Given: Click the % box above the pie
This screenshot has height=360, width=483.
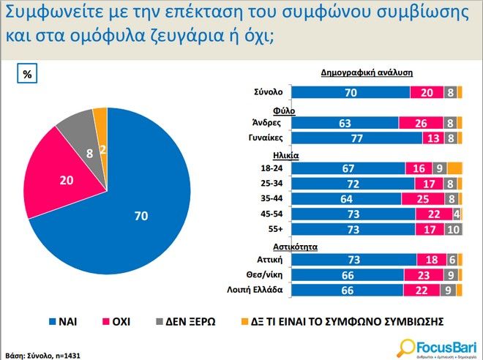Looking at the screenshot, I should tap(28, 74).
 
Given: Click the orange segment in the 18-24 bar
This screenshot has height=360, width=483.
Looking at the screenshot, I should tap(454, 168).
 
